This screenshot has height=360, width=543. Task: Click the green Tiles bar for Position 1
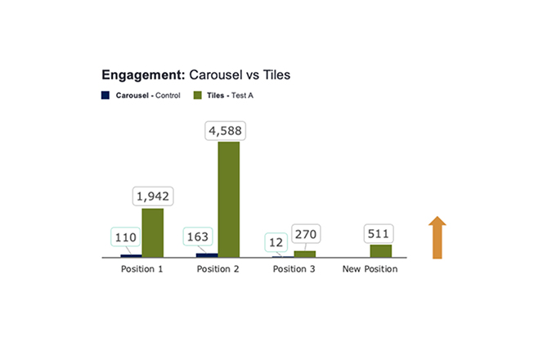click(x=152, y=233)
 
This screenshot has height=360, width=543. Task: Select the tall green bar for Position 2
click(x=228, y=200)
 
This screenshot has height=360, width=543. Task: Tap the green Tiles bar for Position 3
click(x=305, y=254)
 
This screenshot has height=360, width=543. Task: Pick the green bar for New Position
click(x=381, y=251)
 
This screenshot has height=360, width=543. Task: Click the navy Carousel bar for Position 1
click(x=131, y=256)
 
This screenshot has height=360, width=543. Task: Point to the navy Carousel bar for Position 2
click(x=207, y=255)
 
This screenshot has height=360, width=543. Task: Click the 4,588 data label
click(x=225, y=131)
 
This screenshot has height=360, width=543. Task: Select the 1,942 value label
click(x=153, y=196)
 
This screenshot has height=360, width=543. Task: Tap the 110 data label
click(x=125, y=237)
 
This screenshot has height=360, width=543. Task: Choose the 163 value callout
click(x=198, y=236)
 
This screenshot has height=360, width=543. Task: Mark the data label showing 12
click(x=276, y=242)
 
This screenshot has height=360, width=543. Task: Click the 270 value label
click(x=306, y=234)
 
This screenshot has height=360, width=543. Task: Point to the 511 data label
click(x=378, y=233)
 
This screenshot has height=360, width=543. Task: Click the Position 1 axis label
click(x=141, y=269)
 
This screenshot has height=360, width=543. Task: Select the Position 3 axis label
click(x=294, y=269)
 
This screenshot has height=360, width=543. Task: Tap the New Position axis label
click(x=370, y=269)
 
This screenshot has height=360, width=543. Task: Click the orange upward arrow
click(x=438, y=238)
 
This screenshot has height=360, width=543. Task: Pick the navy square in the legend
click(x=105, y=95)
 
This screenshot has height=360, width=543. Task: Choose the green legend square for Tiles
click(x=197, y=95)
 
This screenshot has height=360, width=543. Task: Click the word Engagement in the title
click(x=144, y=75)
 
